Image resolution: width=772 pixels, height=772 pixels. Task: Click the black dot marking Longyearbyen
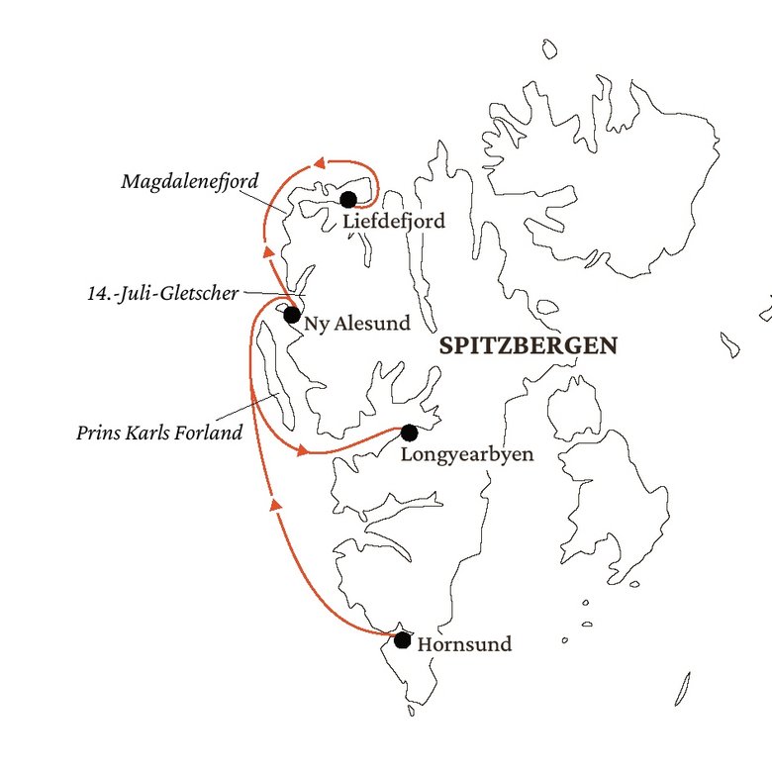coord(408,433)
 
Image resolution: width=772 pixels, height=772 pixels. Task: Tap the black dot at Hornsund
coord(402,640)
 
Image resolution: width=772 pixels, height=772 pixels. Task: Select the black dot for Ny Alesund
coord(291,316)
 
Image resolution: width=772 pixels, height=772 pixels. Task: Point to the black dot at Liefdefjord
coord(348,200)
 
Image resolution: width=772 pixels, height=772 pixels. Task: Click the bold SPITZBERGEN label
coord(528,346)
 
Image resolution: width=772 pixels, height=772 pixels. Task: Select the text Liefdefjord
coord(394,222)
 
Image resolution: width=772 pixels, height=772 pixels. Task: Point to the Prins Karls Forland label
coord(158,434)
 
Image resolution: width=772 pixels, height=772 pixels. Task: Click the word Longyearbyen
coord(466,454)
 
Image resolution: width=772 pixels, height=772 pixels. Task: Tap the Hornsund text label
coord(464,644)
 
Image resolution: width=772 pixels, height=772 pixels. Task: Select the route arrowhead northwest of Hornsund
coord(277,506)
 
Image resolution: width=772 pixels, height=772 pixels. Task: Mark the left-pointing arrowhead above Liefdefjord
coord(320,161)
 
